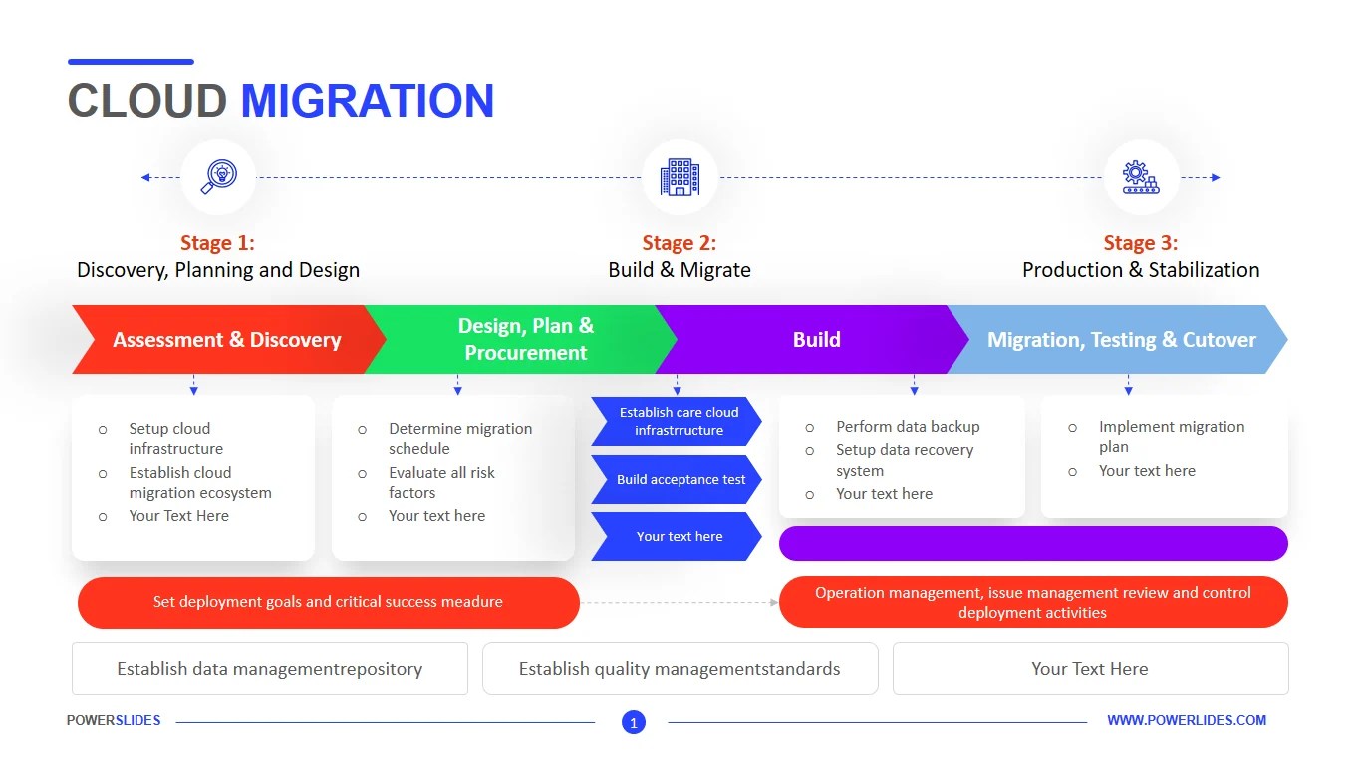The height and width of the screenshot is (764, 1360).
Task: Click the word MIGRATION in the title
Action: (367, 101)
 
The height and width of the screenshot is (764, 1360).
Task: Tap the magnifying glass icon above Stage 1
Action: (217, 177)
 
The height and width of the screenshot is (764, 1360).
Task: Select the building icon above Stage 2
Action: (680, 177)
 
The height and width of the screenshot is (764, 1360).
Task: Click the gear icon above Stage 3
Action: (1141, 177)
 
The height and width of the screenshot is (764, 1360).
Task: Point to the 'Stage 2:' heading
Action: (679, 243)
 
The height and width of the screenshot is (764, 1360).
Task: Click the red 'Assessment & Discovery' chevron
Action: (226, 340)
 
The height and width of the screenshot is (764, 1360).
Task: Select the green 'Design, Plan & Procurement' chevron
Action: (525, 340)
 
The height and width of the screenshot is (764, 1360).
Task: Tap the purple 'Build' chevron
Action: (816, 340)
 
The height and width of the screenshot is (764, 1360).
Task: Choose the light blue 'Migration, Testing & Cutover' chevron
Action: (1121, 340)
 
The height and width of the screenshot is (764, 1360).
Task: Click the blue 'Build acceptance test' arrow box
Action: (680, 480)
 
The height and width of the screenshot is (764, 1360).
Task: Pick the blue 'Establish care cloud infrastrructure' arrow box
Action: (679, 421)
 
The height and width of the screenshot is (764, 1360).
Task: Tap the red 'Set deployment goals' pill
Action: (328, 602)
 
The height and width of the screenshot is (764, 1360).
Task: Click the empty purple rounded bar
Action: (1032, 544)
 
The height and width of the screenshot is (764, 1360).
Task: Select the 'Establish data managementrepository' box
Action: (269, 669)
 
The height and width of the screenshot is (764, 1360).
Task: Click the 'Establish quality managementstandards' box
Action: (680, 669)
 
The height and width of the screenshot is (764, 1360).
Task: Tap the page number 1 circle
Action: (634, 722)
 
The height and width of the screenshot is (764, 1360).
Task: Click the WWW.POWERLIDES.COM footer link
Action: (1187, 720)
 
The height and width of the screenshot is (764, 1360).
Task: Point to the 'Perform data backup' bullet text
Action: (908, 427)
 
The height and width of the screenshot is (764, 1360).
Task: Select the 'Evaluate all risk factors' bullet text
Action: (441, 482)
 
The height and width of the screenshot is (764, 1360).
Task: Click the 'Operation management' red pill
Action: (1032, 602)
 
